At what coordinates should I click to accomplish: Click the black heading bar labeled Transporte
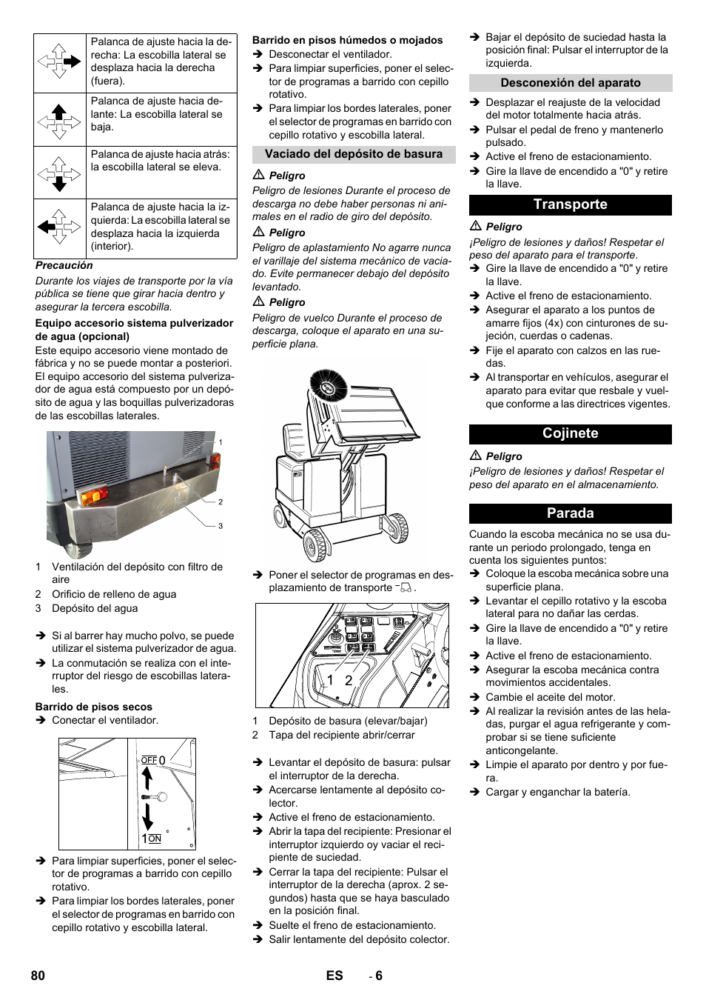point(570,204)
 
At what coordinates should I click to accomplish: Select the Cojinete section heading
point(570,433)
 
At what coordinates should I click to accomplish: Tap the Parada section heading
point(570,513)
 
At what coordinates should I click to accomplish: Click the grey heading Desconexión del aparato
point(570,83)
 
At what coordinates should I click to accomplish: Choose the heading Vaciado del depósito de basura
point(354,154)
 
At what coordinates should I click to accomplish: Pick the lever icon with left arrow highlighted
point(59,227)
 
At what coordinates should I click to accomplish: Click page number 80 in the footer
point(38,976)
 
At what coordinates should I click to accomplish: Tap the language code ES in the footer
point(334,976)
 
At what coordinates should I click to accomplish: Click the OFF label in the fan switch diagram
point(149,760)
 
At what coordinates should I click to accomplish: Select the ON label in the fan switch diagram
point(155,839)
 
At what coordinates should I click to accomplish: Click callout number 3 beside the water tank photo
point(220,526)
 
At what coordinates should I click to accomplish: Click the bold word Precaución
point(64,265)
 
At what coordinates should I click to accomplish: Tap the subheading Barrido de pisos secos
point(94,707)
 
